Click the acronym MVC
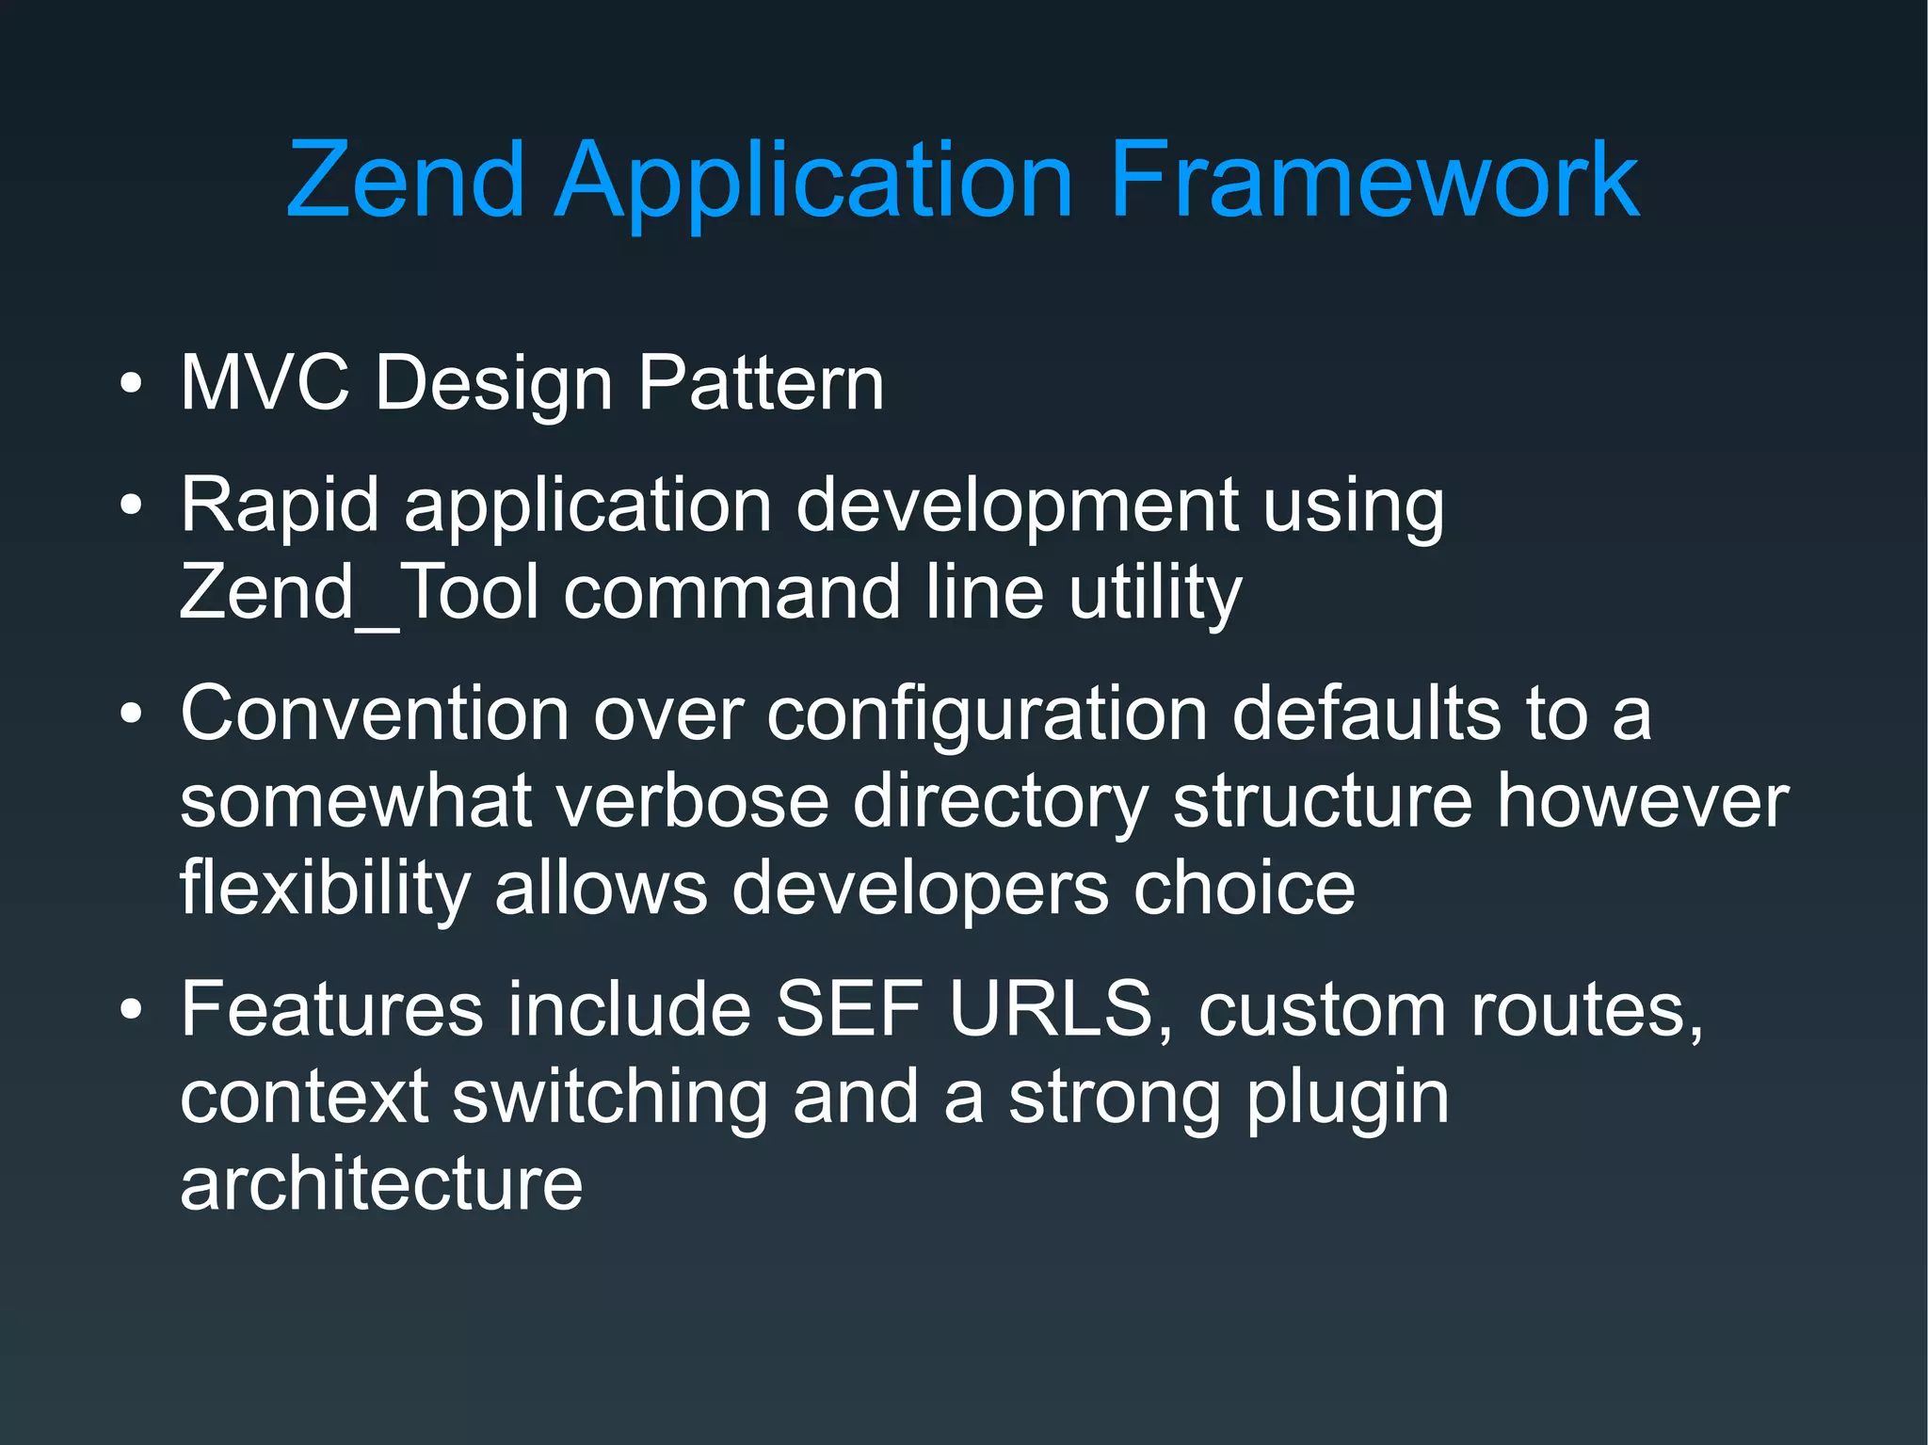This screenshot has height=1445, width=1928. (x=265, y=383)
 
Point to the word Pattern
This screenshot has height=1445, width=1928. (x=761, y=383)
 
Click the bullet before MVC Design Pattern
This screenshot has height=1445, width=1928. (x=132, y=385)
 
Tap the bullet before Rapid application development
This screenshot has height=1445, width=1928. (x=132, y=506)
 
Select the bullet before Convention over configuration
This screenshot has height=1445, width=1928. (x=132, y=714)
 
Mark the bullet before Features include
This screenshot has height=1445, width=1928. (x=132, y=1010)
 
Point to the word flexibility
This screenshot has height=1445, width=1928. (x=325, y=890)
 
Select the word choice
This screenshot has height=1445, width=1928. (x=1244, y=888)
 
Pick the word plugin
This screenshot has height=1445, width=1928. (x=1347, y=1099)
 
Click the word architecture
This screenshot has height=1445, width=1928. (x=381, y=1183)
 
